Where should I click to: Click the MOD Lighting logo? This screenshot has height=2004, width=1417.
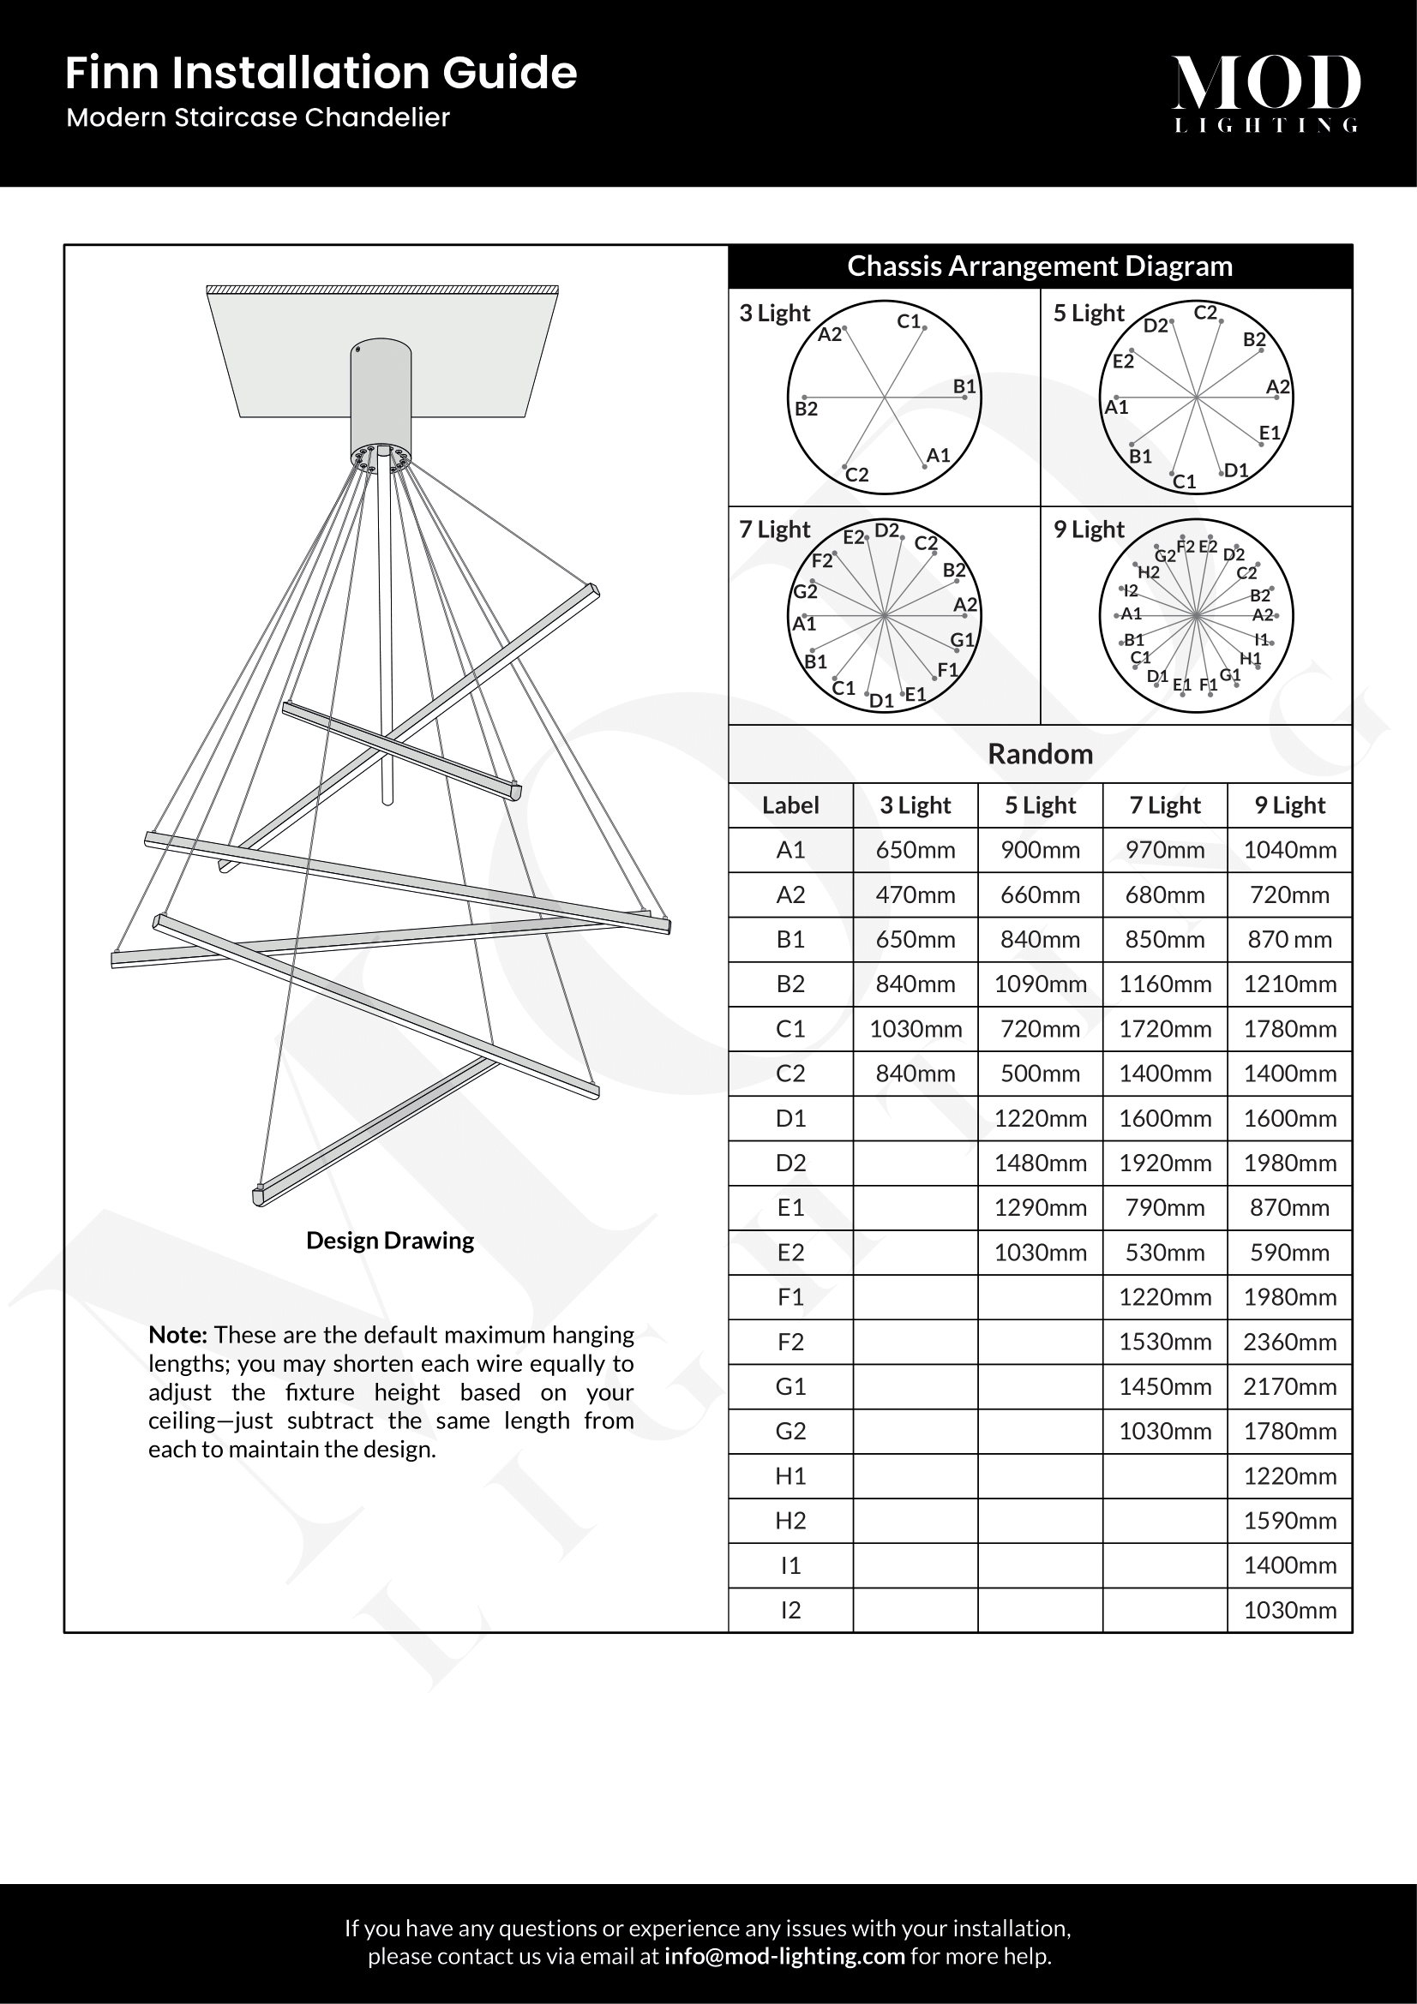[x=1265, y=93]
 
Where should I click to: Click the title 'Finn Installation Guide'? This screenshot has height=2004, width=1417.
[x=321, y=73]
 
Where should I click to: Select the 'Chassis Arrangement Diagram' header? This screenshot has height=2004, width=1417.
[x=1039, y=266]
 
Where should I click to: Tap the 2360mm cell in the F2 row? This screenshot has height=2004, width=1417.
[x=1288, y=1342]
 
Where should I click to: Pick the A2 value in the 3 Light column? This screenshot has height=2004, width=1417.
[x=915, y=894]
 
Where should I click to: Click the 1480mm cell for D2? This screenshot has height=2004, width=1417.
[x=1040, y=1163]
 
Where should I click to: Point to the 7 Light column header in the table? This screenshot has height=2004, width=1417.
[x=1165, y=805]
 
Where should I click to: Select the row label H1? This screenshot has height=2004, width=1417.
[x=790, y=1476]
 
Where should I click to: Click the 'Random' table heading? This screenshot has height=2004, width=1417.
[x=1039, y=753]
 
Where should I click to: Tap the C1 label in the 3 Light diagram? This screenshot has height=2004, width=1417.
[x=909, y=321]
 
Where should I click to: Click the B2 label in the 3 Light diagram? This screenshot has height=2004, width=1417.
[x=806, y=409]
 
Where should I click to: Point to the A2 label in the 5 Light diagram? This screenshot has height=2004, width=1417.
[x=1277, y=386]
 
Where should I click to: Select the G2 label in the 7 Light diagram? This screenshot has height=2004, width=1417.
[x=804, y=592]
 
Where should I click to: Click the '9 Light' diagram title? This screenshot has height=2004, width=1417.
[x=1088, y=529]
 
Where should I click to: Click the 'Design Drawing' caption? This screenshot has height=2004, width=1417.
[x=389, y=1241]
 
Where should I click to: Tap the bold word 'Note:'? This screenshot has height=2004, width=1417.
[x=177, y=1335]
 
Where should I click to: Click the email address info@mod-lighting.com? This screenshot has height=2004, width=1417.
[x=784, y=1956]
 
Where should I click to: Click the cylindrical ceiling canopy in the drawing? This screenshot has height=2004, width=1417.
[x=381, y=398]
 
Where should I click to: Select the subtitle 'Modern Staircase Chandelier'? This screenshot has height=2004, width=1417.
[x=257, y=118]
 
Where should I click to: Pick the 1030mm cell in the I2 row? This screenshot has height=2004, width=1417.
[x=1288, y=1611]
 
